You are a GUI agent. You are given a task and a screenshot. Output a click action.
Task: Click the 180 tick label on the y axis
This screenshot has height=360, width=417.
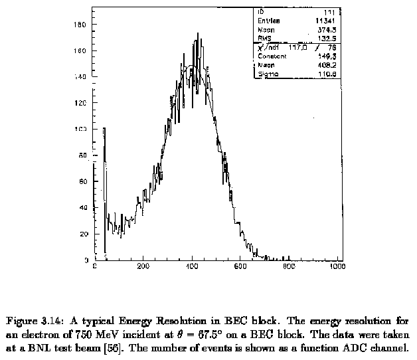[x=80, y=24]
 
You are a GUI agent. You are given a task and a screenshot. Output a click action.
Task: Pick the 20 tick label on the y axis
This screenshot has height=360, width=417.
[x=83, y=234]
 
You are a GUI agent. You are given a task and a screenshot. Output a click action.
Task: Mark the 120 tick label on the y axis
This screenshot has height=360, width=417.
[x=80, y=103]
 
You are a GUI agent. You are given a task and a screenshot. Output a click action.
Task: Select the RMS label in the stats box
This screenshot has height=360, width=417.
[x=264, y=39]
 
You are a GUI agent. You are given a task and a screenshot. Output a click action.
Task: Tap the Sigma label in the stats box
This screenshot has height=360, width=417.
[x=267, y=74]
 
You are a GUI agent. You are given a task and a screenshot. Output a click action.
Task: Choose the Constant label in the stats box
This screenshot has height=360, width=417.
[x=271, y=56]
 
